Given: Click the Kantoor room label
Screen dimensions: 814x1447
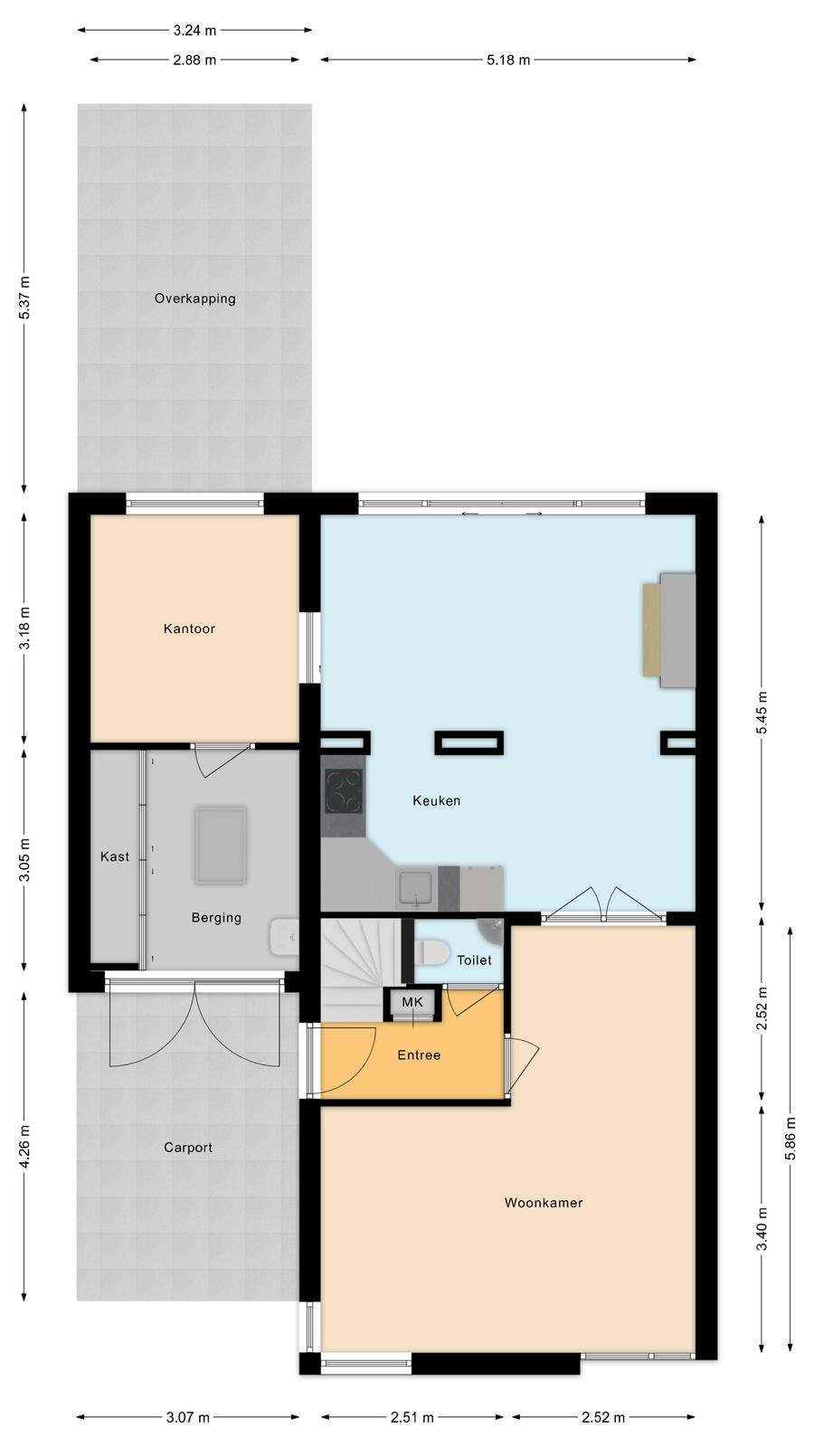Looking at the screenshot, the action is point(189,629).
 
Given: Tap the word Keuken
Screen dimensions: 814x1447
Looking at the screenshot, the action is point(437,800).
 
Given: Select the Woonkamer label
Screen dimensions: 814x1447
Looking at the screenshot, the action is point(544,1202).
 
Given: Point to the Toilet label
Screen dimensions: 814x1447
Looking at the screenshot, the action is point(474,960).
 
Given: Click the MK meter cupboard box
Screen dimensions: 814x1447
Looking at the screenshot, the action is point(412,1002).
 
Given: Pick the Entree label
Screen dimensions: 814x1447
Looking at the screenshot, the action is point(419,1055).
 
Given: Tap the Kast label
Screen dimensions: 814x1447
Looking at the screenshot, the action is point(114,856).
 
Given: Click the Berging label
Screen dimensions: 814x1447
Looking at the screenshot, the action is point(216,917).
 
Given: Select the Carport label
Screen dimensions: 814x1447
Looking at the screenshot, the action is point(188,1148).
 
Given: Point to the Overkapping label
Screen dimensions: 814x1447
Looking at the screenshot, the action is point(194,298).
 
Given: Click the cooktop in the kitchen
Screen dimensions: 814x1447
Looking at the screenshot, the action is point(344,791).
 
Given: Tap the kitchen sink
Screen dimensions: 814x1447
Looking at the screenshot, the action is point(415,889).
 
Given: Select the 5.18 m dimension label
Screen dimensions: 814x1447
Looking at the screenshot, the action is point(507,60).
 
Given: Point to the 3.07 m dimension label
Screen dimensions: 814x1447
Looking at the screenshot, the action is point(188,1417).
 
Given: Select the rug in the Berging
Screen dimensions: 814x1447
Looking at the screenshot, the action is point(221,845).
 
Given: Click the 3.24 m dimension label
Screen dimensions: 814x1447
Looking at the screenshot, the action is point(194,30).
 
